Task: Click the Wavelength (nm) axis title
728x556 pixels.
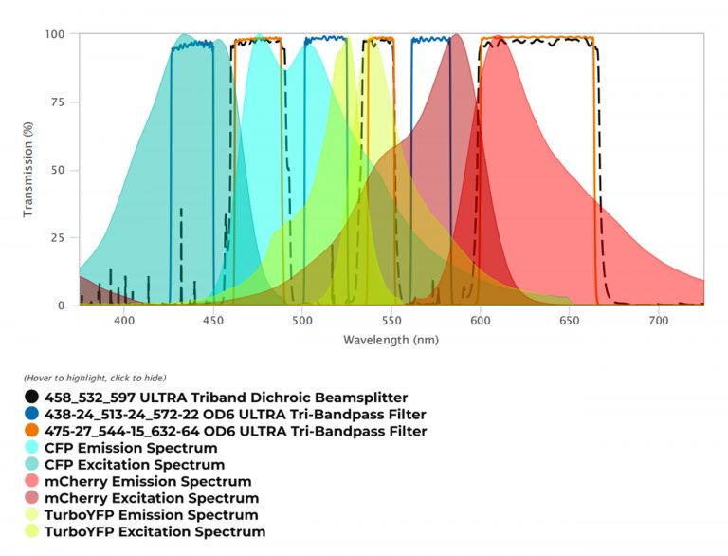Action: pyautogui.click(x=391, y=340)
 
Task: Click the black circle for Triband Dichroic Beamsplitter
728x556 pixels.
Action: pyautogui.click(x=32, y=398)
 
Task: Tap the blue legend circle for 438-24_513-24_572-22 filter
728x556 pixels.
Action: pyautogui.click(x=32, y=415)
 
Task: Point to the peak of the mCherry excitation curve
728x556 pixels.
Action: pyautogui.click(x=457, y=36)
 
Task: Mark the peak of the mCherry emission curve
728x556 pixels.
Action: pyautogui.click(x=499, y=37)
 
